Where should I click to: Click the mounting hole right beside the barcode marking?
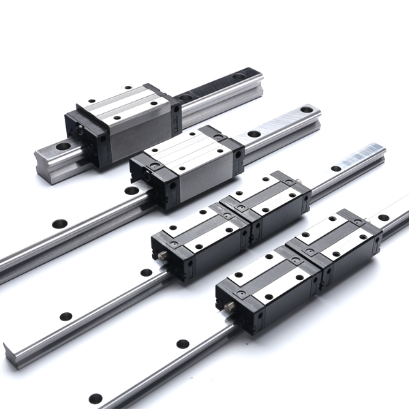pos(336,168)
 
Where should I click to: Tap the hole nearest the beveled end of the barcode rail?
pos(65,316)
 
